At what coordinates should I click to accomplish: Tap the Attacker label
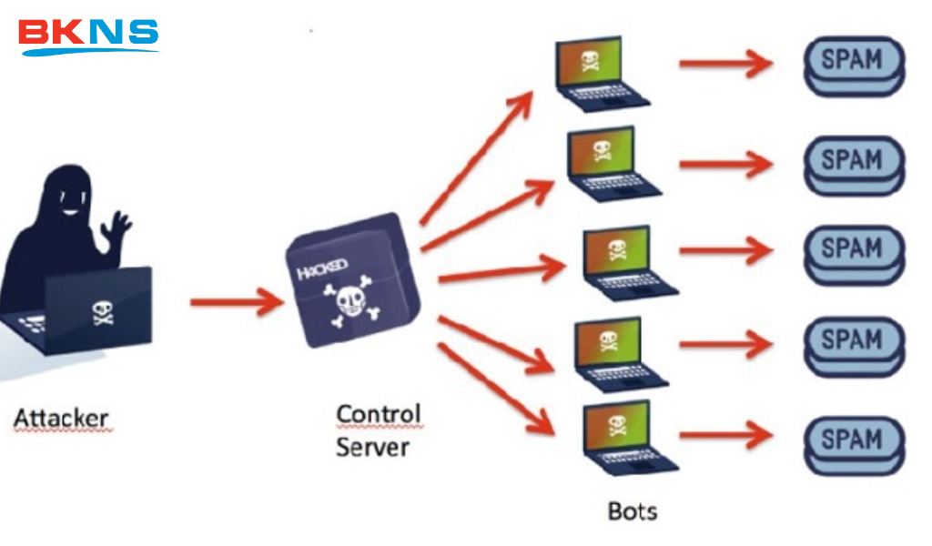pos(61,420)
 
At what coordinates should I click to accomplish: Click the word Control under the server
pos(378,414)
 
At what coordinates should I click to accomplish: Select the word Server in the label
pos(372,447)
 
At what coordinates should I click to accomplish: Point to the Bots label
pos(632,511)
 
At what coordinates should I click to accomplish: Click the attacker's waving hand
pos(117,226)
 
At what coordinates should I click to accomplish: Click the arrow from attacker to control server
pos(237,301)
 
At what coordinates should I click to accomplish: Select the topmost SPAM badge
pos(853,65)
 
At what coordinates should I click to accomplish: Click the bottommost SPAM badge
pos(853,443)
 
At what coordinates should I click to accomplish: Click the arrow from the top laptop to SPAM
pos(724,64)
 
